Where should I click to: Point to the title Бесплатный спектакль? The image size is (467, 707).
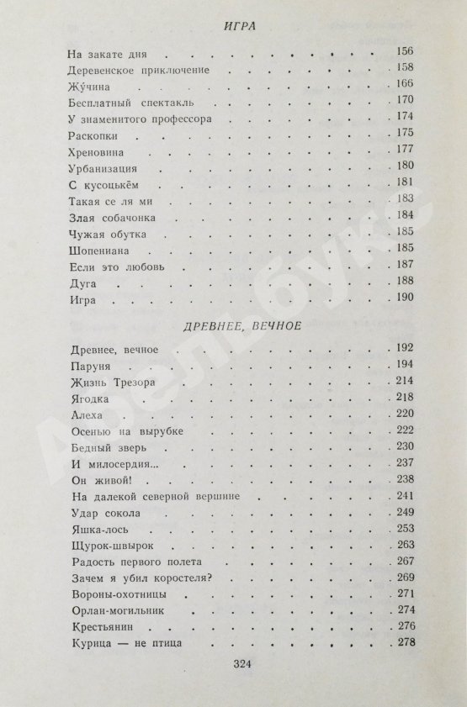point(125,102)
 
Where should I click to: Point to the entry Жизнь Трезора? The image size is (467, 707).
point(109,383)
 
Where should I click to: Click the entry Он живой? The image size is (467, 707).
point(92,479)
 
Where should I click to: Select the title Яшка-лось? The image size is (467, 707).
point(96,528)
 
